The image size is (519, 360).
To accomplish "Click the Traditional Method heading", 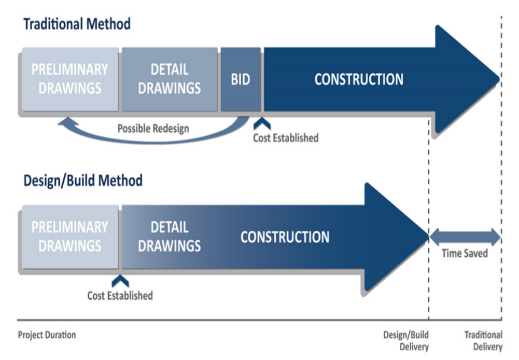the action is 77,24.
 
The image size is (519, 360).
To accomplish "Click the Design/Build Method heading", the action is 83,181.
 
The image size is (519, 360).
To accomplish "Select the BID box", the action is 241,79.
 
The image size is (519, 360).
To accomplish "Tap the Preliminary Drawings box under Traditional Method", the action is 70,79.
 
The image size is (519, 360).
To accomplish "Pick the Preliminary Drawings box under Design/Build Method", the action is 70,237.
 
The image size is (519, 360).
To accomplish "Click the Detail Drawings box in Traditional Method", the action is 170,79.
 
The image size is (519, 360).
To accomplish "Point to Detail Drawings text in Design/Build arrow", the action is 170,237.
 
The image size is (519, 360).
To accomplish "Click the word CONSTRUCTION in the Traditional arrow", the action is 359,79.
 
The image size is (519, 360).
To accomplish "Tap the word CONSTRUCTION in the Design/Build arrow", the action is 285,237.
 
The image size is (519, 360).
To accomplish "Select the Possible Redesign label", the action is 153,129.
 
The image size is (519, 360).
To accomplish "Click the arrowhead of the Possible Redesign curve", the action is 67,122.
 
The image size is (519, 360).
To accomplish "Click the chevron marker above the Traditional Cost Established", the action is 262,124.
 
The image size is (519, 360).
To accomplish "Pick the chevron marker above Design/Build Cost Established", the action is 120,282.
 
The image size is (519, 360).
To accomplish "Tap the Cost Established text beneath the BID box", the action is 286,138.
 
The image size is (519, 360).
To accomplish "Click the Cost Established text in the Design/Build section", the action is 120,296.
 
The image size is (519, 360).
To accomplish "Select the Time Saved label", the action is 465,253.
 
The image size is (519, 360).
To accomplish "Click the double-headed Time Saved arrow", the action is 465,237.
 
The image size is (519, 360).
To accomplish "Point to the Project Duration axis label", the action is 47,335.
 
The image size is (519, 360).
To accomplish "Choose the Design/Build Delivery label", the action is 406,341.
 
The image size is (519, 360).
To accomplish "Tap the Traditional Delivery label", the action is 484,341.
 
